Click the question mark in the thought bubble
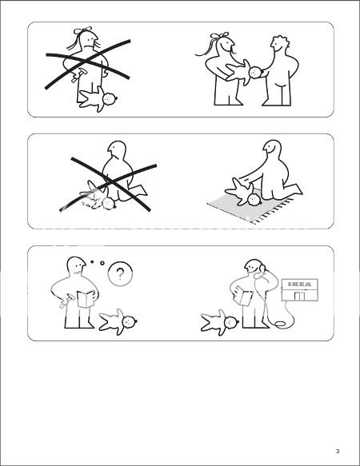coord(120,273)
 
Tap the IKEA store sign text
coord(300,284)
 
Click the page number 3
coord(338,451)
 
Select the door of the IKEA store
coord(300,297)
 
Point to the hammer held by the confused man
coord(67,300)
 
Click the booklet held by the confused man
coord(86,299)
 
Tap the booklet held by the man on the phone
coord(243,296)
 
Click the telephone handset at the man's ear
coord(262,270)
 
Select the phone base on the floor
coord(281,324)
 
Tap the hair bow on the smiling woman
coord(219,35)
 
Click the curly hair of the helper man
coord(282,41)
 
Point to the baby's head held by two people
coord(255,72)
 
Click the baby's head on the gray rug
coord(254,199)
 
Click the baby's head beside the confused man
coord(129,321)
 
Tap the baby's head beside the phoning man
coord(232,321)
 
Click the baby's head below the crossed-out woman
coord(110,98)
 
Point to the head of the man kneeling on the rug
coord(272,148)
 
